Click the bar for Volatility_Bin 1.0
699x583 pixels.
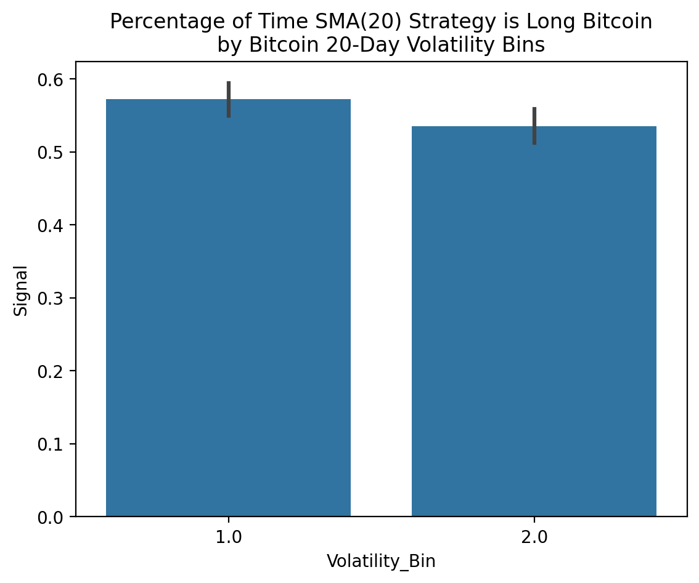point(228,308)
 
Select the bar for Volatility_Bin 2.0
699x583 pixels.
point(534,320)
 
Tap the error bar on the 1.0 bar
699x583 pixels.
point(229,99)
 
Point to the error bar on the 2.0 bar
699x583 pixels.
point(534,126)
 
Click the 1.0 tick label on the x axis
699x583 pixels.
point(229,537)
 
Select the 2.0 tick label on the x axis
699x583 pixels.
point(534,537)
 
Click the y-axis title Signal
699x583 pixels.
point(22,290)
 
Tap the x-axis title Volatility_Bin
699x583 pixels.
point(381,561)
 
